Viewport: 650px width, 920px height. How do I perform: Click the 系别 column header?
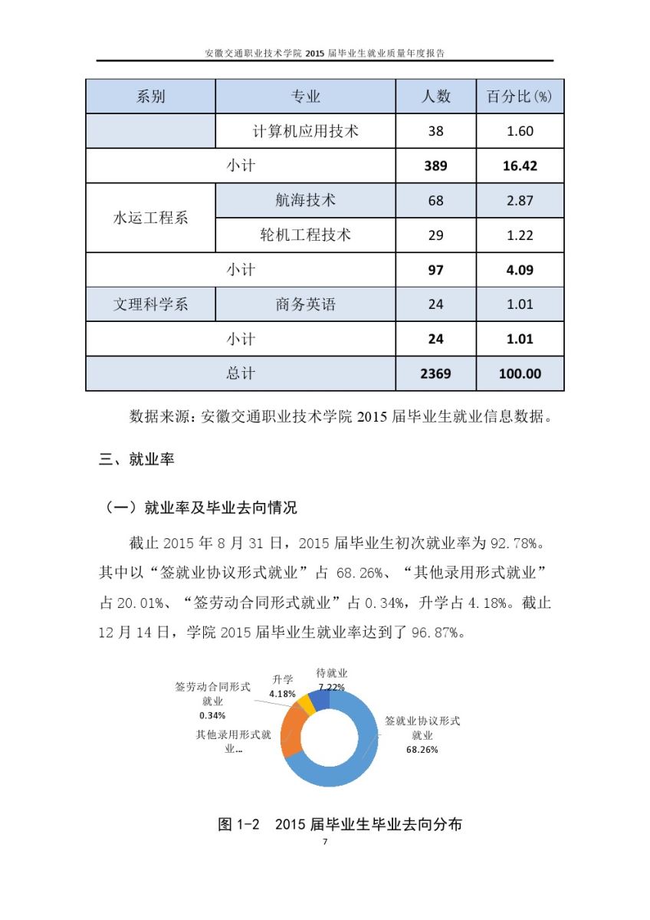[x=150, y=97]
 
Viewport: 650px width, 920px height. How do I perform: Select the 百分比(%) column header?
[x=520, y=97]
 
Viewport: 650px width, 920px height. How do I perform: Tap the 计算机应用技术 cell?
[x=305, y=131]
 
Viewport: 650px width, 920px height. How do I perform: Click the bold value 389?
[x=435, y=166]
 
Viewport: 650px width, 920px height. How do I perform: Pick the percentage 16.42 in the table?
[x=520, y=166]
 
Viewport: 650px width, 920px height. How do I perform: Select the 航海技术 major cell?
[x=305, y=200]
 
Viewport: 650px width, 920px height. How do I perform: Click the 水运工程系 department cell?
[x=150, y=218]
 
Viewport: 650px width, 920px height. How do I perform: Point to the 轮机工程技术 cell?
[x=305, y=235]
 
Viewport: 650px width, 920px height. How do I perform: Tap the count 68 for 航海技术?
[x=435, y=201]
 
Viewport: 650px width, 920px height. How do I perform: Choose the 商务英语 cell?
[x=305, y=304]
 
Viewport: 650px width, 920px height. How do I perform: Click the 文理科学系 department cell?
[x=150, y=304]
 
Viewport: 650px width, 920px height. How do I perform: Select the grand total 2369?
[x=435, y=374]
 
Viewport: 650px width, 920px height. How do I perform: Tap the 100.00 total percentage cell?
[x=520, y=374]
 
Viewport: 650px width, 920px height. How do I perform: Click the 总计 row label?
[x=240, y=373]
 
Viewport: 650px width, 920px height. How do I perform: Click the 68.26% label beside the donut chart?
[x=422, y=750]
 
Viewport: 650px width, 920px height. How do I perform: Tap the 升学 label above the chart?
[x=283, y=679]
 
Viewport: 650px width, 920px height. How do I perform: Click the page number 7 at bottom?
[x=325, y=842]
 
